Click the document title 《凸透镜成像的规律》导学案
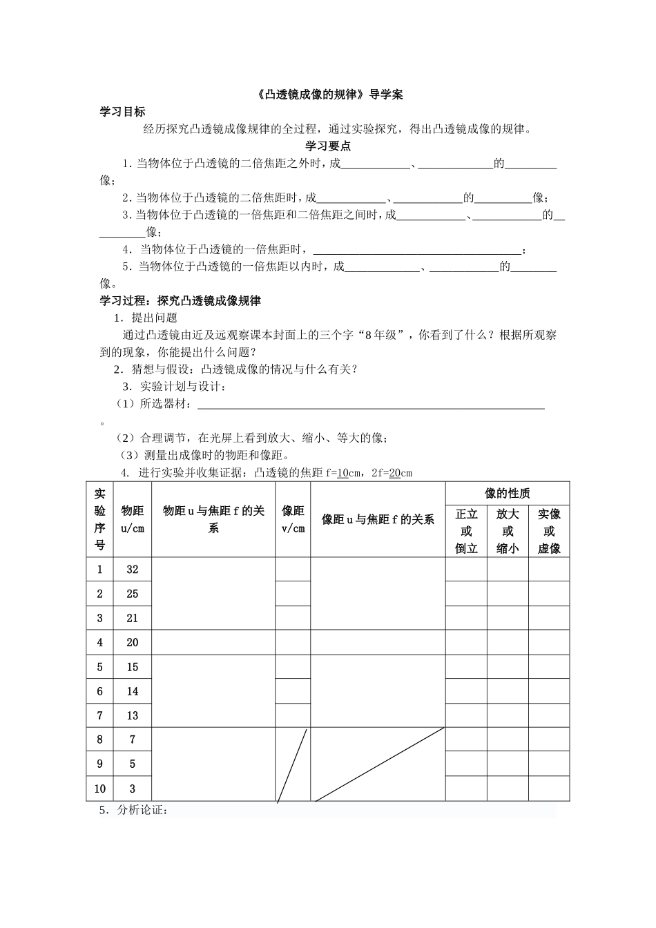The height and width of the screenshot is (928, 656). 327,95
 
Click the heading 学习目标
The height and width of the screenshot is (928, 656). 123,112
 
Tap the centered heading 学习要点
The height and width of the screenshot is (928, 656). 328,146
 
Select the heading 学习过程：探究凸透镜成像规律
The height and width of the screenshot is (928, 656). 180,301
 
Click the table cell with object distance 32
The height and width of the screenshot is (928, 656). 133,570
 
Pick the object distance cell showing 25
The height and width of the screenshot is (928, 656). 133,594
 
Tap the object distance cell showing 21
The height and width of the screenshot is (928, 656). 133,618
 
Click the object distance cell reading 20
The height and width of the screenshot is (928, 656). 133,642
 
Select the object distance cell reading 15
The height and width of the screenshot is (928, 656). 133,667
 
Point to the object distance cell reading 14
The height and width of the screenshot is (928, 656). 133,691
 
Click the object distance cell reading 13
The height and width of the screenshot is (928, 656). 133,715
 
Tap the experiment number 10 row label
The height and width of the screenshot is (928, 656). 100,789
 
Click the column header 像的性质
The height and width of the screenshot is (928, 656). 508,493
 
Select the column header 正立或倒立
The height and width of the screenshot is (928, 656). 466,531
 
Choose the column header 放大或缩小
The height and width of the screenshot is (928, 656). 508,531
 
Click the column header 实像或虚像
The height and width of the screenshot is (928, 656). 549,531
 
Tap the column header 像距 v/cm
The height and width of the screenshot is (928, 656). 293,519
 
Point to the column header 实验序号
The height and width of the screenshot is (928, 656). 100,519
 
